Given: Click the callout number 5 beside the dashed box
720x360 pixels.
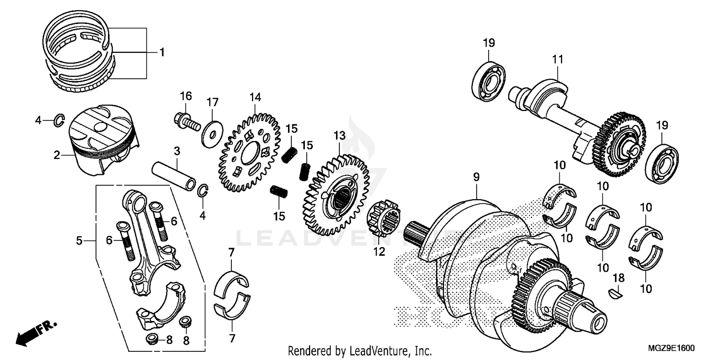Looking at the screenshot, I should (x=80, y=240).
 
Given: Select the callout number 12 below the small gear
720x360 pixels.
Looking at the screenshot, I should (x=380, y=252).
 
